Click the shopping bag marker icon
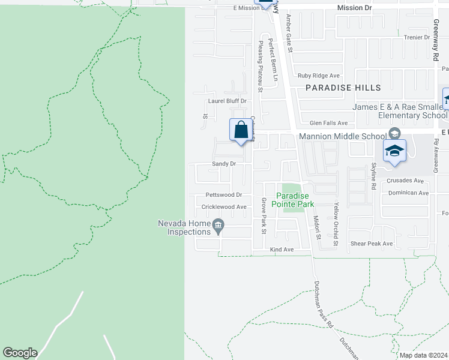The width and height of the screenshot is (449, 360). click(241, 130)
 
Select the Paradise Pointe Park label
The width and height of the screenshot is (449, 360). click(294, 200)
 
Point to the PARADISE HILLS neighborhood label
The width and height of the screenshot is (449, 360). click(343, 88)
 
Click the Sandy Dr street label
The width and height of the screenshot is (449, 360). click(223, 164)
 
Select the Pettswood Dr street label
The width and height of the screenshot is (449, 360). click(223, 195)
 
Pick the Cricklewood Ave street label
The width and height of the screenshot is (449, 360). click(224, 207)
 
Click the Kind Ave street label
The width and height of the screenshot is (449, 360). click(282, 249)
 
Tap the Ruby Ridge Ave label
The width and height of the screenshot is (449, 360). click(319, 76)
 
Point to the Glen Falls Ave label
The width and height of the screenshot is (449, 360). click(324, 122)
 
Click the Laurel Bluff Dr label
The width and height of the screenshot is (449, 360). click(227, 101)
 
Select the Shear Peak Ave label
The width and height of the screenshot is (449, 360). click(372, 244)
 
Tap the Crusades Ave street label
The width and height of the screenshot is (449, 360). click(406, 181)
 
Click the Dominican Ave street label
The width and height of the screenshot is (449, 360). click(408, 193)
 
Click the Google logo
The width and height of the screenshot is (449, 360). click(20, 353)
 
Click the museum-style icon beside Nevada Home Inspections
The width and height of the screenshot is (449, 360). click(218, 226)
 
